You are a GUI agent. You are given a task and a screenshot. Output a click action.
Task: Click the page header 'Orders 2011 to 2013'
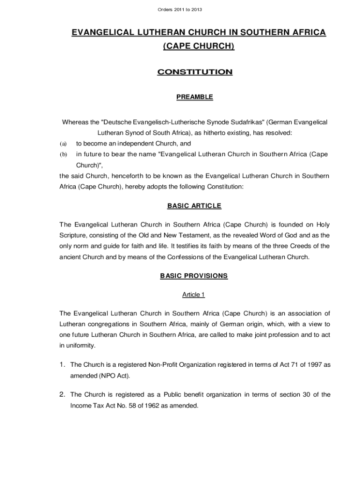coord(180,9)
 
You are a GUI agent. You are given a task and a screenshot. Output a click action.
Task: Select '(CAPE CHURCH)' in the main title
coord(198,46)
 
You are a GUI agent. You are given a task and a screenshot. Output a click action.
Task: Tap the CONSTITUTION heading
coord(194,72)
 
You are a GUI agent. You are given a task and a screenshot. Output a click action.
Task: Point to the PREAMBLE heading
coord(194,97)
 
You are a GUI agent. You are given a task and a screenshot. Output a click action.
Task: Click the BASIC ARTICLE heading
coord(194,206)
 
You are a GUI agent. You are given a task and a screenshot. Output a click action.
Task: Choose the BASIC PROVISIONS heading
coord(194,276)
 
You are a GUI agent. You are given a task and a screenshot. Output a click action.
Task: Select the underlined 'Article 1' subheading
coord(194,295)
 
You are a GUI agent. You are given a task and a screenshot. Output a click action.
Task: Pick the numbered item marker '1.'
coord(63,364)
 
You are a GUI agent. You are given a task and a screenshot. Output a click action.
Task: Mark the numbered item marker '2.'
coord(63,395)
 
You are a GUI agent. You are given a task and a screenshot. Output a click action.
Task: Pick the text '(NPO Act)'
coord(115,376)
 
